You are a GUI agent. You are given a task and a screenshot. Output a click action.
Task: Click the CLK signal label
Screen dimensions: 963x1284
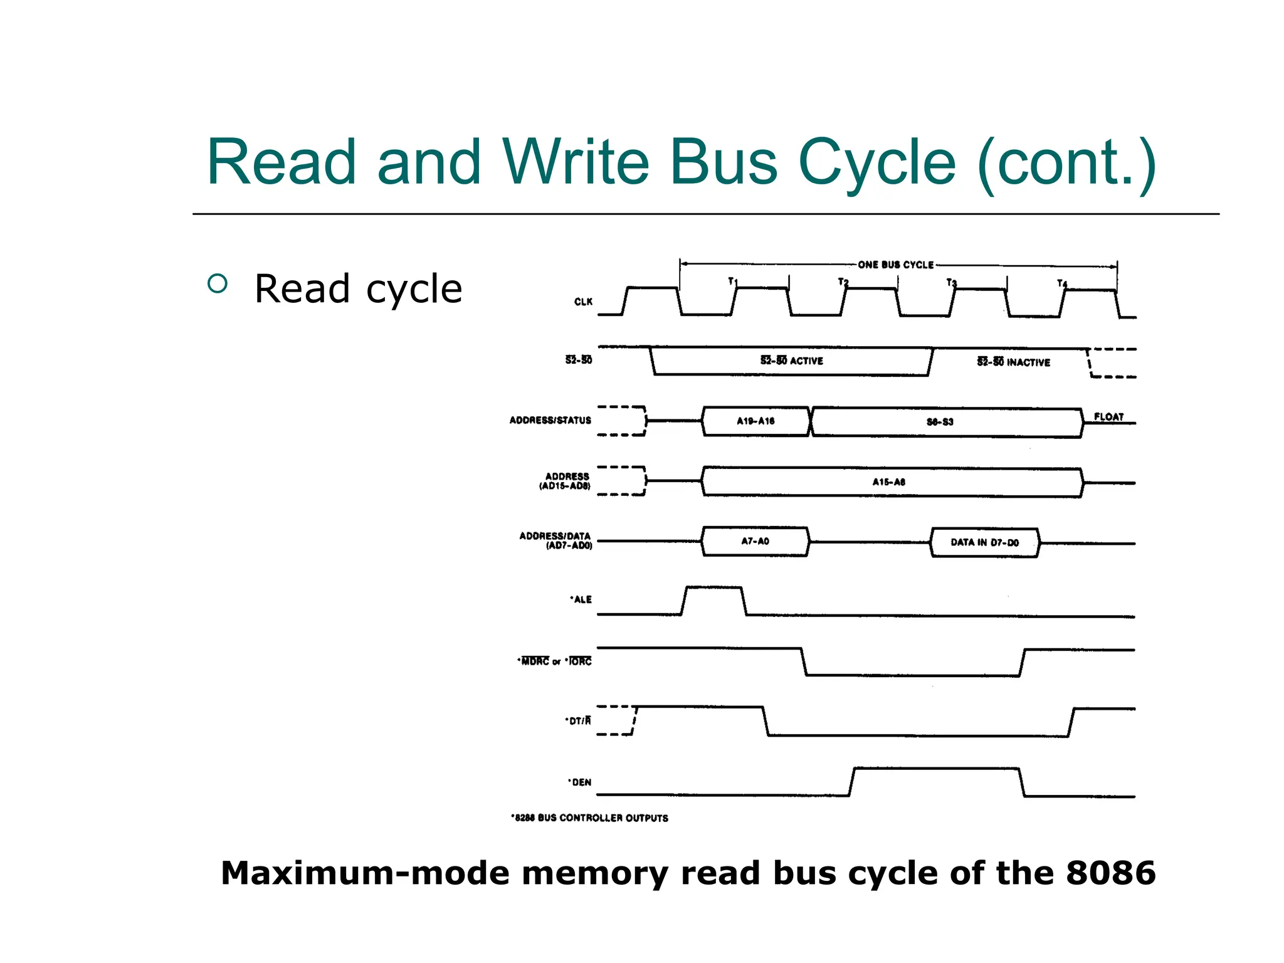point(583,302)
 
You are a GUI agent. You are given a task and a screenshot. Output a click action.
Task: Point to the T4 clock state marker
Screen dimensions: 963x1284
point(1061,283)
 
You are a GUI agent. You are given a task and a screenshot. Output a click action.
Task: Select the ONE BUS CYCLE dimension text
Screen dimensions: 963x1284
point(896,265)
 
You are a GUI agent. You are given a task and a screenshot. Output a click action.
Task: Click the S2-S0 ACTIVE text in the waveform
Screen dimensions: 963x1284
point(792,360)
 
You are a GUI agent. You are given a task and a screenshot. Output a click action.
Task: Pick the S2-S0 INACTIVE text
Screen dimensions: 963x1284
point(1013,362)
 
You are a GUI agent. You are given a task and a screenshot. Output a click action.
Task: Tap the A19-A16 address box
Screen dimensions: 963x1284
point(755,421)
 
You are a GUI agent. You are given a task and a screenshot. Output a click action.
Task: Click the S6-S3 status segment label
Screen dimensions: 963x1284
point(940,422)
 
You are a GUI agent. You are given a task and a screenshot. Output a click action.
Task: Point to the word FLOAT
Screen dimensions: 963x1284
point(1108,416)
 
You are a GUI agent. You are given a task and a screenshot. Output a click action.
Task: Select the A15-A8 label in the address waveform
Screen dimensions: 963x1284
point(888,481)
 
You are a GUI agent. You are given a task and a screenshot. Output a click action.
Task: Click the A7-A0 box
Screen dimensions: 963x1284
point(755,541)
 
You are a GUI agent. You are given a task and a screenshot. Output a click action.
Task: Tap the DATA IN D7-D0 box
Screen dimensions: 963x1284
point(984,542)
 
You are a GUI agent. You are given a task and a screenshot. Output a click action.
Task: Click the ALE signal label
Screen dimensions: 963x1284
point(581,599)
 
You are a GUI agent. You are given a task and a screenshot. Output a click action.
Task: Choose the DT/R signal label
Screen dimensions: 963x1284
point(578,720)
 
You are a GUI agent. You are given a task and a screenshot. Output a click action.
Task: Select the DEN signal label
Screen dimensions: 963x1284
point(580,782)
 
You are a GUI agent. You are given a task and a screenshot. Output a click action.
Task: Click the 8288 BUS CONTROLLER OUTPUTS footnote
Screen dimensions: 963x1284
point(589,818)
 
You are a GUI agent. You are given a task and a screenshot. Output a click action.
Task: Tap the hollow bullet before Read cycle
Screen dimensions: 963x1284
point(217,284)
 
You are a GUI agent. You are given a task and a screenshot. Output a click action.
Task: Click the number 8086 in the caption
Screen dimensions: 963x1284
point(1110,873)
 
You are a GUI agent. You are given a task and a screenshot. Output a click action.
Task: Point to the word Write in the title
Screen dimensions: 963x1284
point(575,162)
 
